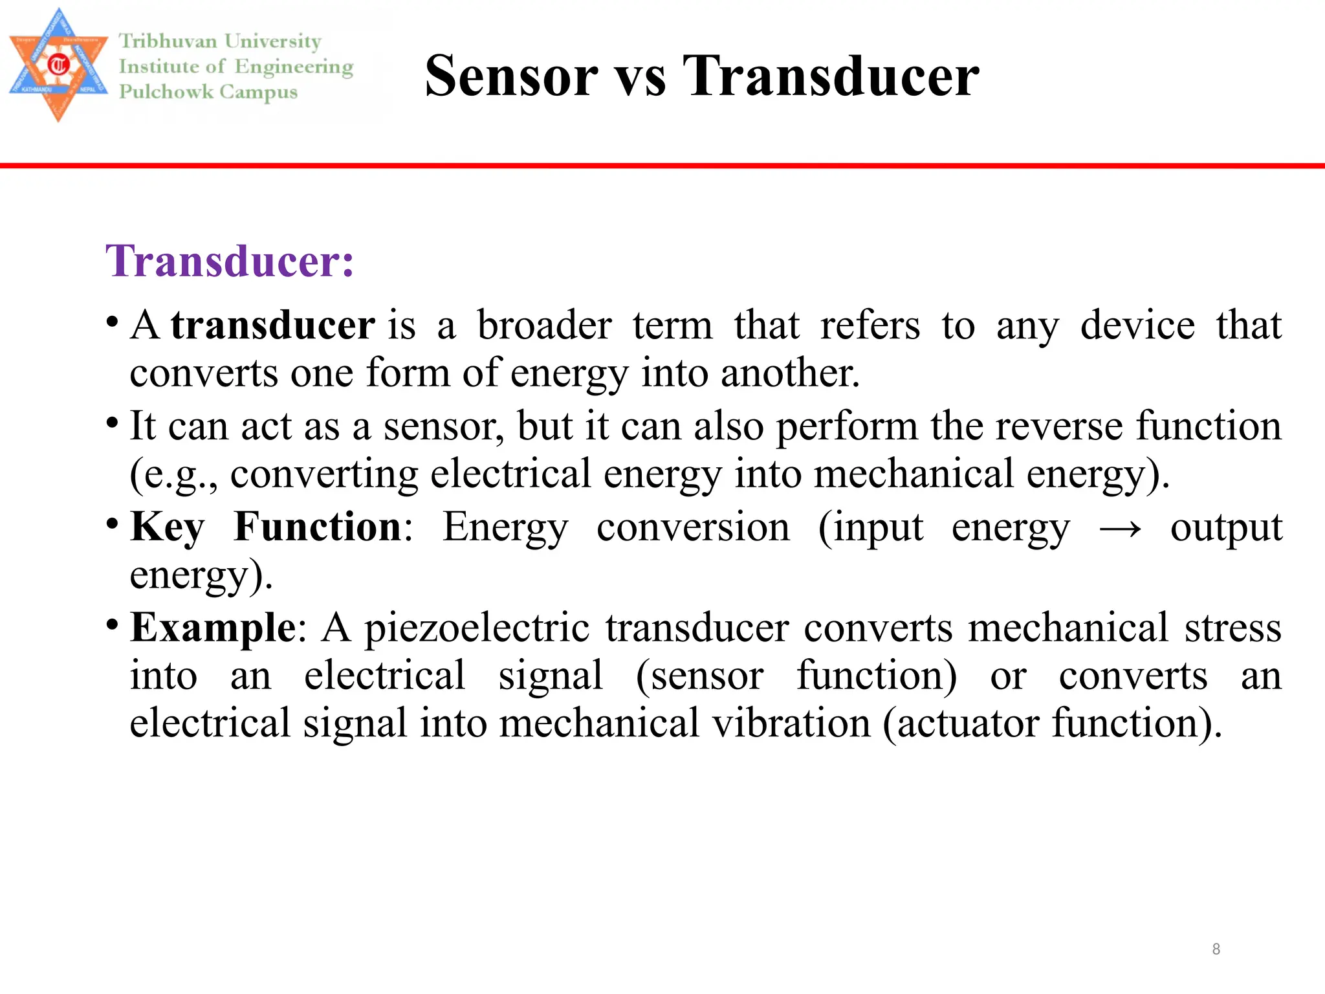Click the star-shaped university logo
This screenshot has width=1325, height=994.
click(x=58, y=65)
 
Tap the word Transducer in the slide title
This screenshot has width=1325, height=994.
click(x=831, y=76)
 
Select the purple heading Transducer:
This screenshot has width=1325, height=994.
click(x=230, y=261)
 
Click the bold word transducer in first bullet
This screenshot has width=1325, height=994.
click(x=272, y=325)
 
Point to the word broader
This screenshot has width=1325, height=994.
click(x=544, y=325)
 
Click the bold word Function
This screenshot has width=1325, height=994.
click(x=318, y=527)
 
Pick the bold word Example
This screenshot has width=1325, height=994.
click(x=213, y=628)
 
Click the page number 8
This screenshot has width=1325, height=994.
click(x=1216, y=949)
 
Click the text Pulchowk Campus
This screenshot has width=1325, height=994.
click(x=208, y=92)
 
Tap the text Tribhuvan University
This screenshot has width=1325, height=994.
click(x=219, y=41)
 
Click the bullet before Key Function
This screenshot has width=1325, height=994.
click(x=113, y=522)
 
